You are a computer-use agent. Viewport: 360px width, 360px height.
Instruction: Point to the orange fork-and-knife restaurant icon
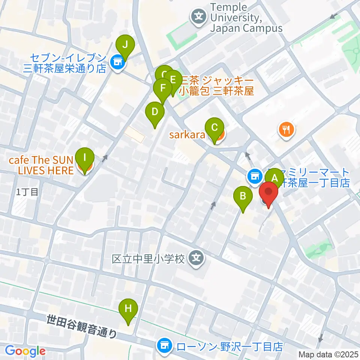(x=287, y=130)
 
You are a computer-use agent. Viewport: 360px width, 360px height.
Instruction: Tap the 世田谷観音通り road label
(x=82, y=327)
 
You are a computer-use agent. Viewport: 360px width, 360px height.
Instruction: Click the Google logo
(x=25, y=351)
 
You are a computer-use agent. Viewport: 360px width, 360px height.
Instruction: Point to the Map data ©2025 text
(x=328, y=354)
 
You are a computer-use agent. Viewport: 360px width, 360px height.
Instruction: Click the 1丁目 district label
(x=27, y=192)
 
